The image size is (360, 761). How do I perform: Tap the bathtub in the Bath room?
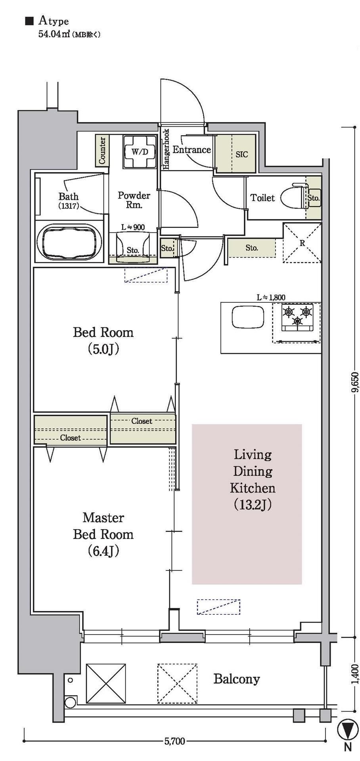point(69,243)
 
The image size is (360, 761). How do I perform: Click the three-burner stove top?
point(297,317)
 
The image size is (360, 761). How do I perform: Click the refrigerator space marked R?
point(302,243)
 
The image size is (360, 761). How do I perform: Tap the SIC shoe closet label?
point(241,154)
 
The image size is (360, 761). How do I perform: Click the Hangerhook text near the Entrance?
point(166,149)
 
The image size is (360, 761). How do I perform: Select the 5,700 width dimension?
point(175,740)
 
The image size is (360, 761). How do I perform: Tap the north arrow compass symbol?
point(347,729)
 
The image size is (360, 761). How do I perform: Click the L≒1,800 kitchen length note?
point(271,297)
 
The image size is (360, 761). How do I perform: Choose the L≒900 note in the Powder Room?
point(133,227)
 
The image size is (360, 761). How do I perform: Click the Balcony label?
point(237,679)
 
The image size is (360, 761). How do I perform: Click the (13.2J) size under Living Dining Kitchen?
point(252,505)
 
